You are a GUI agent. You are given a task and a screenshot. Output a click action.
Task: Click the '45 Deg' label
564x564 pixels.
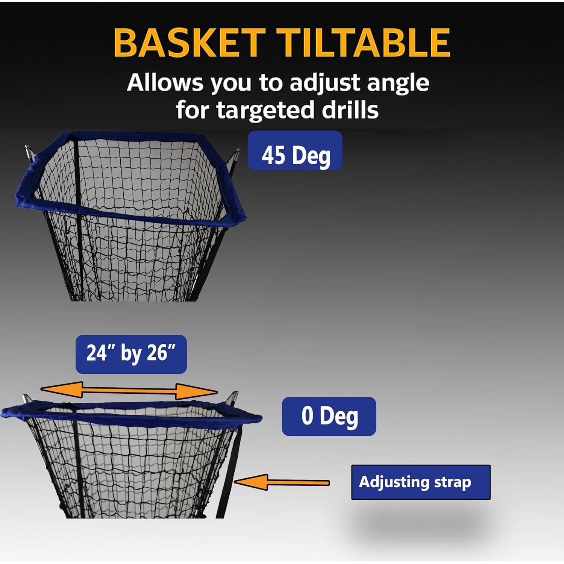(295, 150)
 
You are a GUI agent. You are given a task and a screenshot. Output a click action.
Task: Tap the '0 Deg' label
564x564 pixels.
(329, 416)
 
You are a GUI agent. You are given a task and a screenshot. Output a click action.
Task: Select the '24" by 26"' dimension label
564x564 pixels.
(131, 354)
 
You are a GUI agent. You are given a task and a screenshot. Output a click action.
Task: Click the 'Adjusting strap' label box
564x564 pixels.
(421, 482)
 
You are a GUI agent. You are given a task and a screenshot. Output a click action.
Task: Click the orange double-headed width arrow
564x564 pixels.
(129, 391)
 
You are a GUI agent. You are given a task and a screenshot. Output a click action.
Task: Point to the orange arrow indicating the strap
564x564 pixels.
(281, 482)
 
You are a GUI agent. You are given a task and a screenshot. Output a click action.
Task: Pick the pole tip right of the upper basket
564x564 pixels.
(236, 154)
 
